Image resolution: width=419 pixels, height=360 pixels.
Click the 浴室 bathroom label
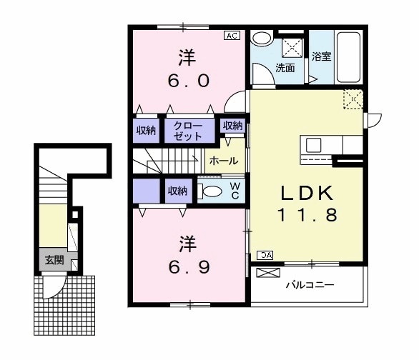[322, 56]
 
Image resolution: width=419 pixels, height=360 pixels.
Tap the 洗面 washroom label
[285, 68]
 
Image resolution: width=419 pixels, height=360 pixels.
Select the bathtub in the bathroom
[348, 57]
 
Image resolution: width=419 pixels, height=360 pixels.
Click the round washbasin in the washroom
[262, 39]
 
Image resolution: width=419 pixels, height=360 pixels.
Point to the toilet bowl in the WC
[212, 191]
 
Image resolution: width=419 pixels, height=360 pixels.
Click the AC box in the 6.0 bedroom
[232, 36]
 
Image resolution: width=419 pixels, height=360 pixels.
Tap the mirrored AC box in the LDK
[265, 255]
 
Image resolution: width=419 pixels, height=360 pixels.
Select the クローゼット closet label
[188, 131]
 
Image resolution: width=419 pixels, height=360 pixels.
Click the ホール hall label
[224, 161]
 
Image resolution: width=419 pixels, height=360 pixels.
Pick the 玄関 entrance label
[54, 260]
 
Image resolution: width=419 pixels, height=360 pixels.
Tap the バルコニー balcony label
[310, 285]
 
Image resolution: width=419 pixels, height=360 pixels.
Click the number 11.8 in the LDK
[307, 215]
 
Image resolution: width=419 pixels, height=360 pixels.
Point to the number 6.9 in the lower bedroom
[189, 267]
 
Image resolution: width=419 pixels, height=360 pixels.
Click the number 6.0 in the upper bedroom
[188, 81]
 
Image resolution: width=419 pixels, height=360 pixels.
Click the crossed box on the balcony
[268, 273]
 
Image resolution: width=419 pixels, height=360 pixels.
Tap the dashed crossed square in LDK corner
[353, 99]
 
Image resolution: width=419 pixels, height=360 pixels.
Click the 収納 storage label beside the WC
[177, 191]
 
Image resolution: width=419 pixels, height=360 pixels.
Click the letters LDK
[307, 193]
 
